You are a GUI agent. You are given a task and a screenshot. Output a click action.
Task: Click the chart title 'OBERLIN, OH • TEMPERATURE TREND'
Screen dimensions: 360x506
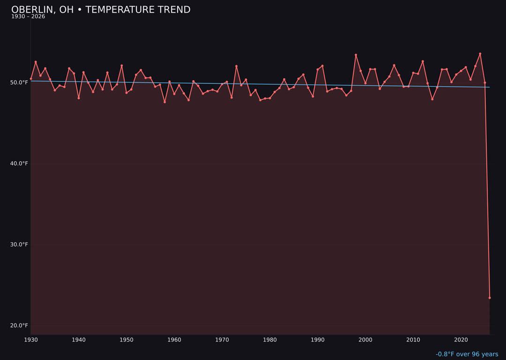pyautogui.click(x=101, y=10)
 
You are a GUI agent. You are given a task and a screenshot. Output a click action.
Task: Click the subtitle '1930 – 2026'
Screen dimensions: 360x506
pyautogui.click(x=28, y=17)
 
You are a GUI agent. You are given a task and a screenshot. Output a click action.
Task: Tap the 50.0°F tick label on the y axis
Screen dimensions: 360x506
pyautogui.click(x=19, y=82)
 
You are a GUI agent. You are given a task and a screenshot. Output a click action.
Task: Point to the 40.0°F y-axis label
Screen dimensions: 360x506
pyautogui.click(x=19, y=164)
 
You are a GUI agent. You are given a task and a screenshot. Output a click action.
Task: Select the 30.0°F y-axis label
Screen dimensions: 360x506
pyautogui.click(x=19, y=245)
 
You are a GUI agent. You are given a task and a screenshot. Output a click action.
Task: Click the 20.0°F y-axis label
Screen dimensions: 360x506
pyautogui.click(x=19, y=326)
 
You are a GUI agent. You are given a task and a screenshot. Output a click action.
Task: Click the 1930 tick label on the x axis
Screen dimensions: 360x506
pyautogui.click(x=31, y=340)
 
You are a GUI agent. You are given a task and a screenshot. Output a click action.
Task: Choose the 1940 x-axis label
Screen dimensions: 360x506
pyautogui.click(x=79, y=340)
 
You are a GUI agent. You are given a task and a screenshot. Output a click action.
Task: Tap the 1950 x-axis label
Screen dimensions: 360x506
pyautogui.click(x=126, y=340)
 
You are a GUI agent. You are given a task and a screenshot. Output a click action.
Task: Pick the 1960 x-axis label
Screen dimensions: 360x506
pyautogui.click(x=174, y=340)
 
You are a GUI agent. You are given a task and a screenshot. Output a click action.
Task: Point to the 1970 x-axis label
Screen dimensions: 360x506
pyautogui.click(x=222, y=340)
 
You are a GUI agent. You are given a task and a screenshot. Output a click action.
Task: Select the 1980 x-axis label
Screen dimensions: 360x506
pyautogui.click(x=270, y=340)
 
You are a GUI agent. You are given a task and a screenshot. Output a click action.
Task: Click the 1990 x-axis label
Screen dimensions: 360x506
pyautogui.click(x=318, y=340)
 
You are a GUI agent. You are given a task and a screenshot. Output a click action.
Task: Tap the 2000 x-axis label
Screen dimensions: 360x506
pyautogui.click(x=365, y=340)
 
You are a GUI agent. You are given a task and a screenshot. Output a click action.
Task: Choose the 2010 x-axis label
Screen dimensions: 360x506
pyautogui.click(x=413, y=340)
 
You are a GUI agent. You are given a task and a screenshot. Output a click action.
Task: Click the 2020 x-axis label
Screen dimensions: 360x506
pyautogui.click(x=461, y=340)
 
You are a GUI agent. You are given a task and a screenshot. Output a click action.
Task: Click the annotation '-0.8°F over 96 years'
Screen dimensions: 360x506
pyautogui.click(x=467, y=354)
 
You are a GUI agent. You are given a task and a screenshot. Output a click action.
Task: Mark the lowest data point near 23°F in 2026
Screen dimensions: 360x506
pyautogui.click(x=490, y=298)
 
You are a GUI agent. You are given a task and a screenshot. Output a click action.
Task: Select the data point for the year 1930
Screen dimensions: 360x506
pyautogui.click(x=31, y=79)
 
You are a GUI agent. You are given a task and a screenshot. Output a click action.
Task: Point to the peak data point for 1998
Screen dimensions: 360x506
pyautogui.click(x=356, y=55)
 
